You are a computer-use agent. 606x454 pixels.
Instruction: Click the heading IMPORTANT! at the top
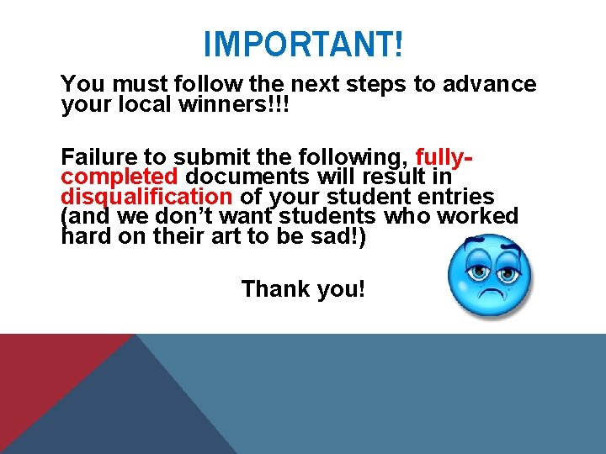coord(303,44)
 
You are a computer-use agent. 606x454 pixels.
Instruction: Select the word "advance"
coord(493,84)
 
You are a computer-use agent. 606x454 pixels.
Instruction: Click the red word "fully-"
coord(444,157)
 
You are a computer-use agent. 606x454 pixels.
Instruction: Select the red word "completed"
coord(119,177)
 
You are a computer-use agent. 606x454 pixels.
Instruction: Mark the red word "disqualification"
coord(146,197)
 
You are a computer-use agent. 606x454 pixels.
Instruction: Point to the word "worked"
coord(478,216)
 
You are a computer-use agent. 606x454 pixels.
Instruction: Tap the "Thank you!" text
coord(303,289)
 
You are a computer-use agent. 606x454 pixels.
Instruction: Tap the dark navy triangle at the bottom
coord(135,412)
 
